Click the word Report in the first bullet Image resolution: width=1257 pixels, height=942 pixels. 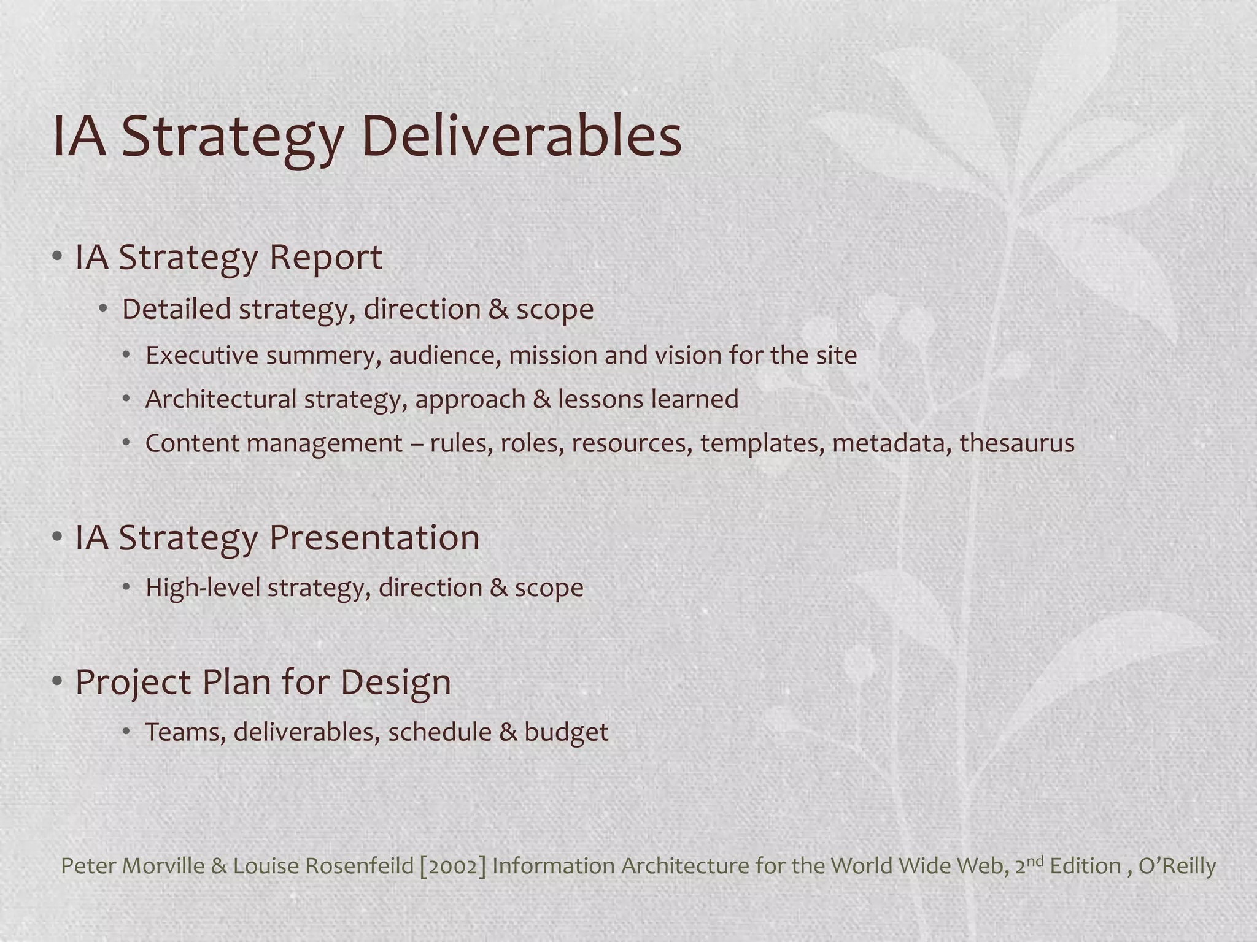pyautogui.click(x=325, y=258)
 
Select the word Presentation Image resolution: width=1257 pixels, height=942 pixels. pyautogui.click(x=374, y=538)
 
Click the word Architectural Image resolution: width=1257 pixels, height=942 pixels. pyautogui.click(x=221, y=399)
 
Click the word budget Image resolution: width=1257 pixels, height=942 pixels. pyautogui.click(x=566, y=732)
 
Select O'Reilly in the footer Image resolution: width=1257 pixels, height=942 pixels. pyautogui.click(x=1177, y=866)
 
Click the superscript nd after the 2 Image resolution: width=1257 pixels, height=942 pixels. pyautogui.click(x=1035, y=860)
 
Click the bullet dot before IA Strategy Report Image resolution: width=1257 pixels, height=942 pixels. pyautogui.click(x=57, y=257)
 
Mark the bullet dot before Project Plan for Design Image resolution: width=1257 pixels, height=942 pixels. pyautogui.click(x=57, y=682)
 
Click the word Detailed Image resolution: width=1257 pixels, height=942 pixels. pyautogui.click(x=176, y=309)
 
